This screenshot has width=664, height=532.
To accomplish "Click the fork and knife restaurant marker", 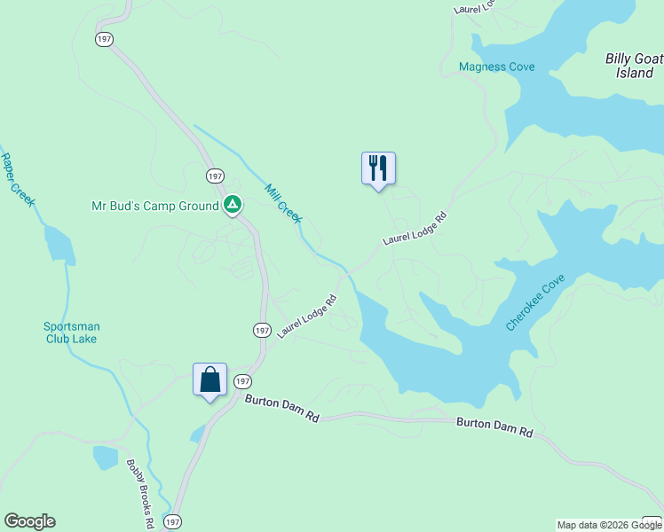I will (378, 167).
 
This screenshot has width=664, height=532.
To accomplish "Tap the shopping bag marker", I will (210, 379).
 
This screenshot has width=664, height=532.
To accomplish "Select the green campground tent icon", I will (232, 206).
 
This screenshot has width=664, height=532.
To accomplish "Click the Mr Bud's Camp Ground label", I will (155, 206).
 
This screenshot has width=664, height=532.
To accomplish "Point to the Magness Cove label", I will (496, 66).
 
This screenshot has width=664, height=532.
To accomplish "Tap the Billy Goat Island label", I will (634, 66).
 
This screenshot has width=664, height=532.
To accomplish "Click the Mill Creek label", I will (284, 203).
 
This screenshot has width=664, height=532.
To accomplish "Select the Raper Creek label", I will (17, 180).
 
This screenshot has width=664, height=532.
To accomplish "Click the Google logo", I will (29, 521).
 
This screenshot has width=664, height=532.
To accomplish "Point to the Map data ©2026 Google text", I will (609, 525).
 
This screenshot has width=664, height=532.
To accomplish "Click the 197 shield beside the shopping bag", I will (242, 381).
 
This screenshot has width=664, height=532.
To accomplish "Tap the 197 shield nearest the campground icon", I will (215, 176).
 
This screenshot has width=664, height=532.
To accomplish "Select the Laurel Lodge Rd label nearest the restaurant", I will (414, 229).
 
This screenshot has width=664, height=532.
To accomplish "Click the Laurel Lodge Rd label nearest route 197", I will (306, 317).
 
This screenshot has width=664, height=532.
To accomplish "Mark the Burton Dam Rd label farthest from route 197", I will (494, 428).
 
